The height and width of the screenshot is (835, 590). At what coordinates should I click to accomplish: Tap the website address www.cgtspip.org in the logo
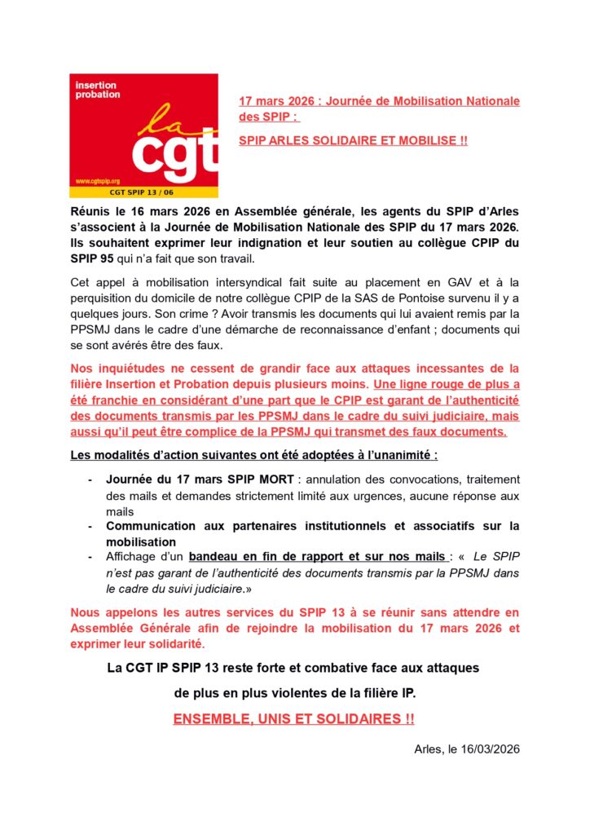(98, 181)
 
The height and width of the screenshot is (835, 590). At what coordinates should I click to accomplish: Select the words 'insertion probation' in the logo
(97, 90)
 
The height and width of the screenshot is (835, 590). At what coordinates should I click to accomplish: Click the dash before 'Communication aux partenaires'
(90, 526)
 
